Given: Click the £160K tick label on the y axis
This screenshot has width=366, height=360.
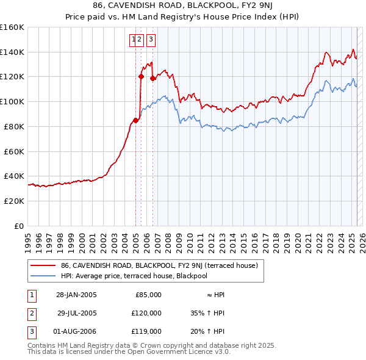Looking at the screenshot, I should [x=12, y=27].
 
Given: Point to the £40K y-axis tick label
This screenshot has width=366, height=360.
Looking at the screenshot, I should [x=14, y=176].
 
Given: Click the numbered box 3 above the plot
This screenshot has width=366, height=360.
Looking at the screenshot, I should [x=150, y=40].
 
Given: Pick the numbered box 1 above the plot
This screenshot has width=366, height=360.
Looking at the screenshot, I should [x=133, y=40].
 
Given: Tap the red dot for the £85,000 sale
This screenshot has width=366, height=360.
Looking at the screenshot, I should [x=135, y=120].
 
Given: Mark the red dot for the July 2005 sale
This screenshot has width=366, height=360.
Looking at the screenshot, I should [x=141, y=77].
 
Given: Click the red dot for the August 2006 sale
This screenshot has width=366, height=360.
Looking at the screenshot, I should [x=152, y=78].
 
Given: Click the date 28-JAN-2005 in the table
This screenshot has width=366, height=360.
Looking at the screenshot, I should [x=76, y=295].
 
